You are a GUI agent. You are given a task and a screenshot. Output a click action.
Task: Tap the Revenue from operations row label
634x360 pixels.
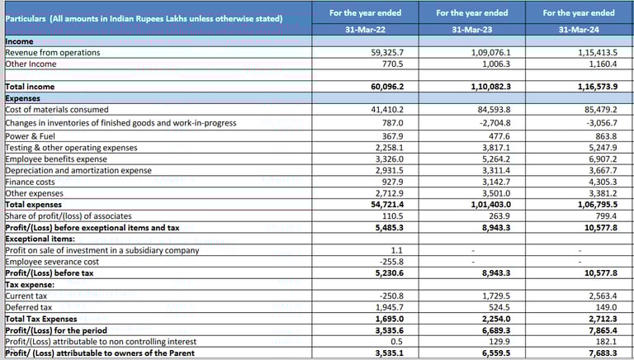pos(53,52)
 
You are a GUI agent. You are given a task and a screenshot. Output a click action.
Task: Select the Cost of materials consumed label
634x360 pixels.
pos(57,109)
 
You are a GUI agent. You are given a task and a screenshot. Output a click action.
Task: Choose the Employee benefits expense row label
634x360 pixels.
pos(56,159)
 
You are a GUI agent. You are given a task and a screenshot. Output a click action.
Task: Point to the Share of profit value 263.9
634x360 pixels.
pos(499,216)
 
